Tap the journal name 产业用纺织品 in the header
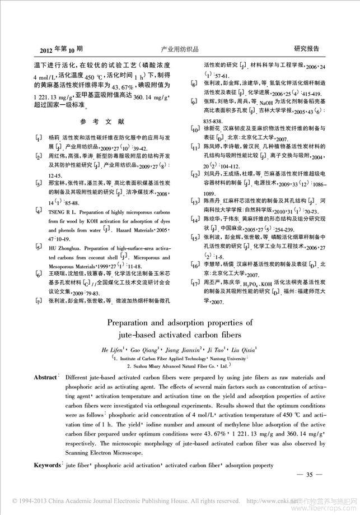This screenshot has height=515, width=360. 180,49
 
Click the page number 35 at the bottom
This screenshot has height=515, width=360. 312,475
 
